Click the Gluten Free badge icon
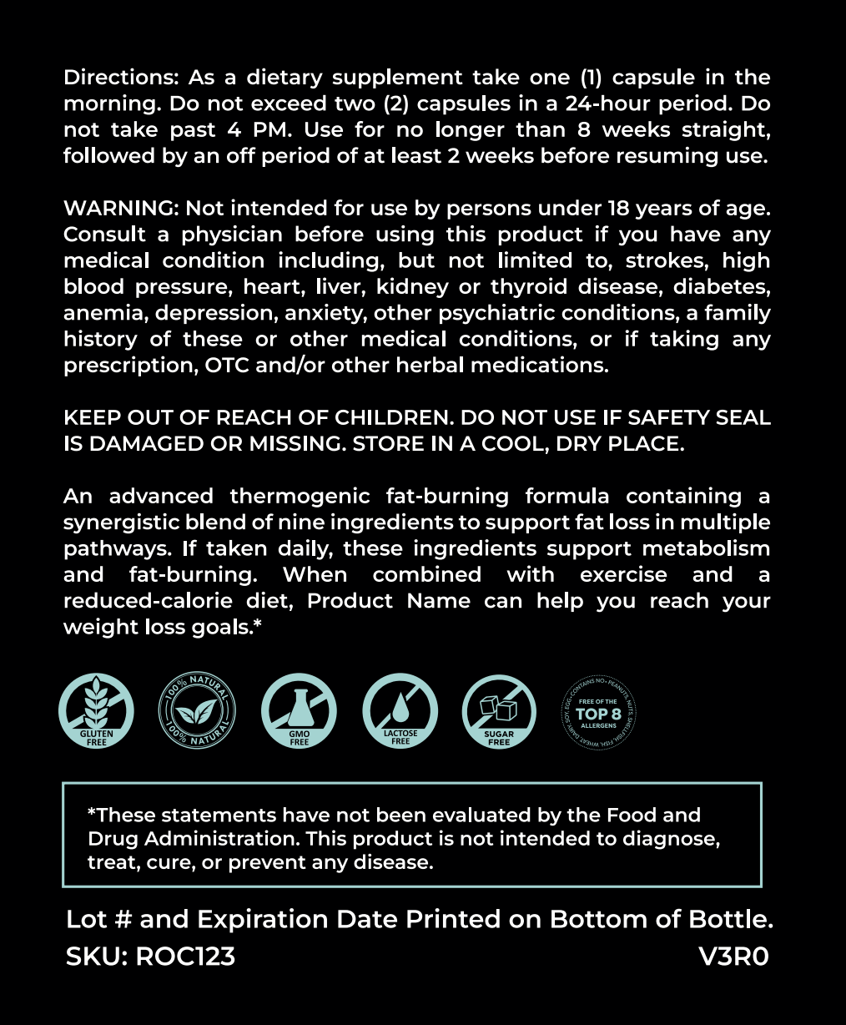(x=96, y=712)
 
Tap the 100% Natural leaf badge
(x=197, y=712)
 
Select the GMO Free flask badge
(x=299, y=712)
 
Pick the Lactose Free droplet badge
(x=400, y=712)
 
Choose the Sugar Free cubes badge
(x=499, y=712)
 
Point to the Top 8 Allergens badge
(x=598, y=712)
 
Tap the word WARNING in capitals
(x=122, y=209)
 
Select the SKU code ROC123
(x=185, y=956)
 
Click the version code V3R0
(x=734, y=956)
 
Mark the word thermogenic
(x=300, y=496)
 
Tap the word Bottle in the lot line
(x=730, y=920)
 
